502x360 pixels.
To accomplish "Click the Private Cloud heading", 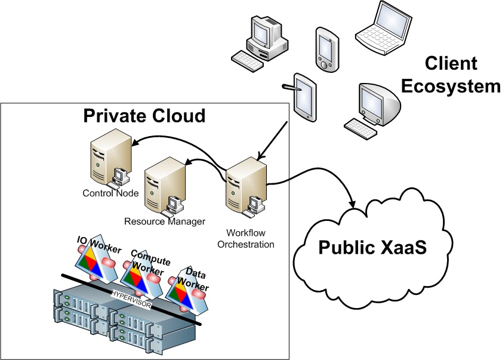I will pos(144,115).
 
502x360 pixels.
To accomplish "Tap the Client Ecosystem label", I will pos(450,75).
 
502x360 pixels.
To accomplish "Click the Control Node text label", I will pos(110,193).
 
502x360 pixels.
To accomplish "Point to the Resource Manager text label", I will pos(165,221).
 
